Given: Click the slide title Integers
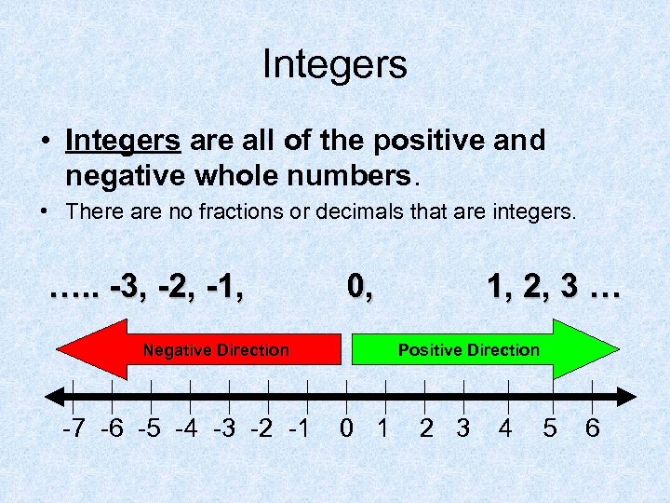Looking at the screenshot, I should tap(335, 64).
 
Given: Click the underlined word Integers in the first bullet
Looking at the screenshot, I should tap(123, 142).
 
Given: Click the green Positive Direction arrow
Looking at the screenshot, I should tap(484, 350).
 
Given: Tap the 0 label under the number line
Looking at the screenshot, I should tap(346, 429).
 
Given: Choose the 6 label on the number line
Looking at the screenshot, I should tap(592, 429).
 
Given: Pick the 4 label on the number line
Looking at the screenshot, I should tap(505, 429).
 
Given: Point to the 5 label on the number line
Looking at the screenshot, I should tap(550, 429).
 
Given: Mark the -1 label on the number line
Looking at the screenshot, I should tap(298, 429).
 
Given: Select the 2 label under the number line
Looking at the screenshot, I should tap(426, 429).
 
